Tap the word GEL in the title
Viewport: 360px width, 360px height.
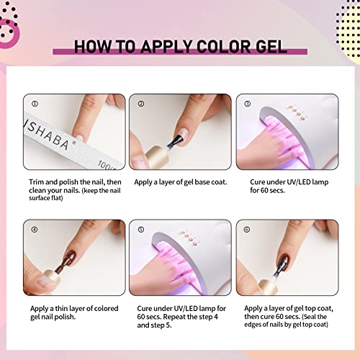(268, 48)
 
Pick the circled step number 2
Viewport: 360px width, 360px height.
(140, 102)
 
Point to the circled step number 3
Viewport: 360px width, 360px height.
(248, 102)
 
